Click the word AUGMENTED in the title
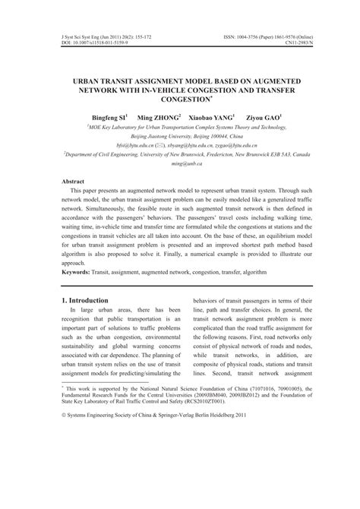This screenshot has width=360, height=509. (268, 79)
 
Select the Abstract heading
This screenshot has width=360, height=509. (74, 182)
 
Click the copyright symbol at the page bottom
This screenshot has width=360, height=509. (64, 479)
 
